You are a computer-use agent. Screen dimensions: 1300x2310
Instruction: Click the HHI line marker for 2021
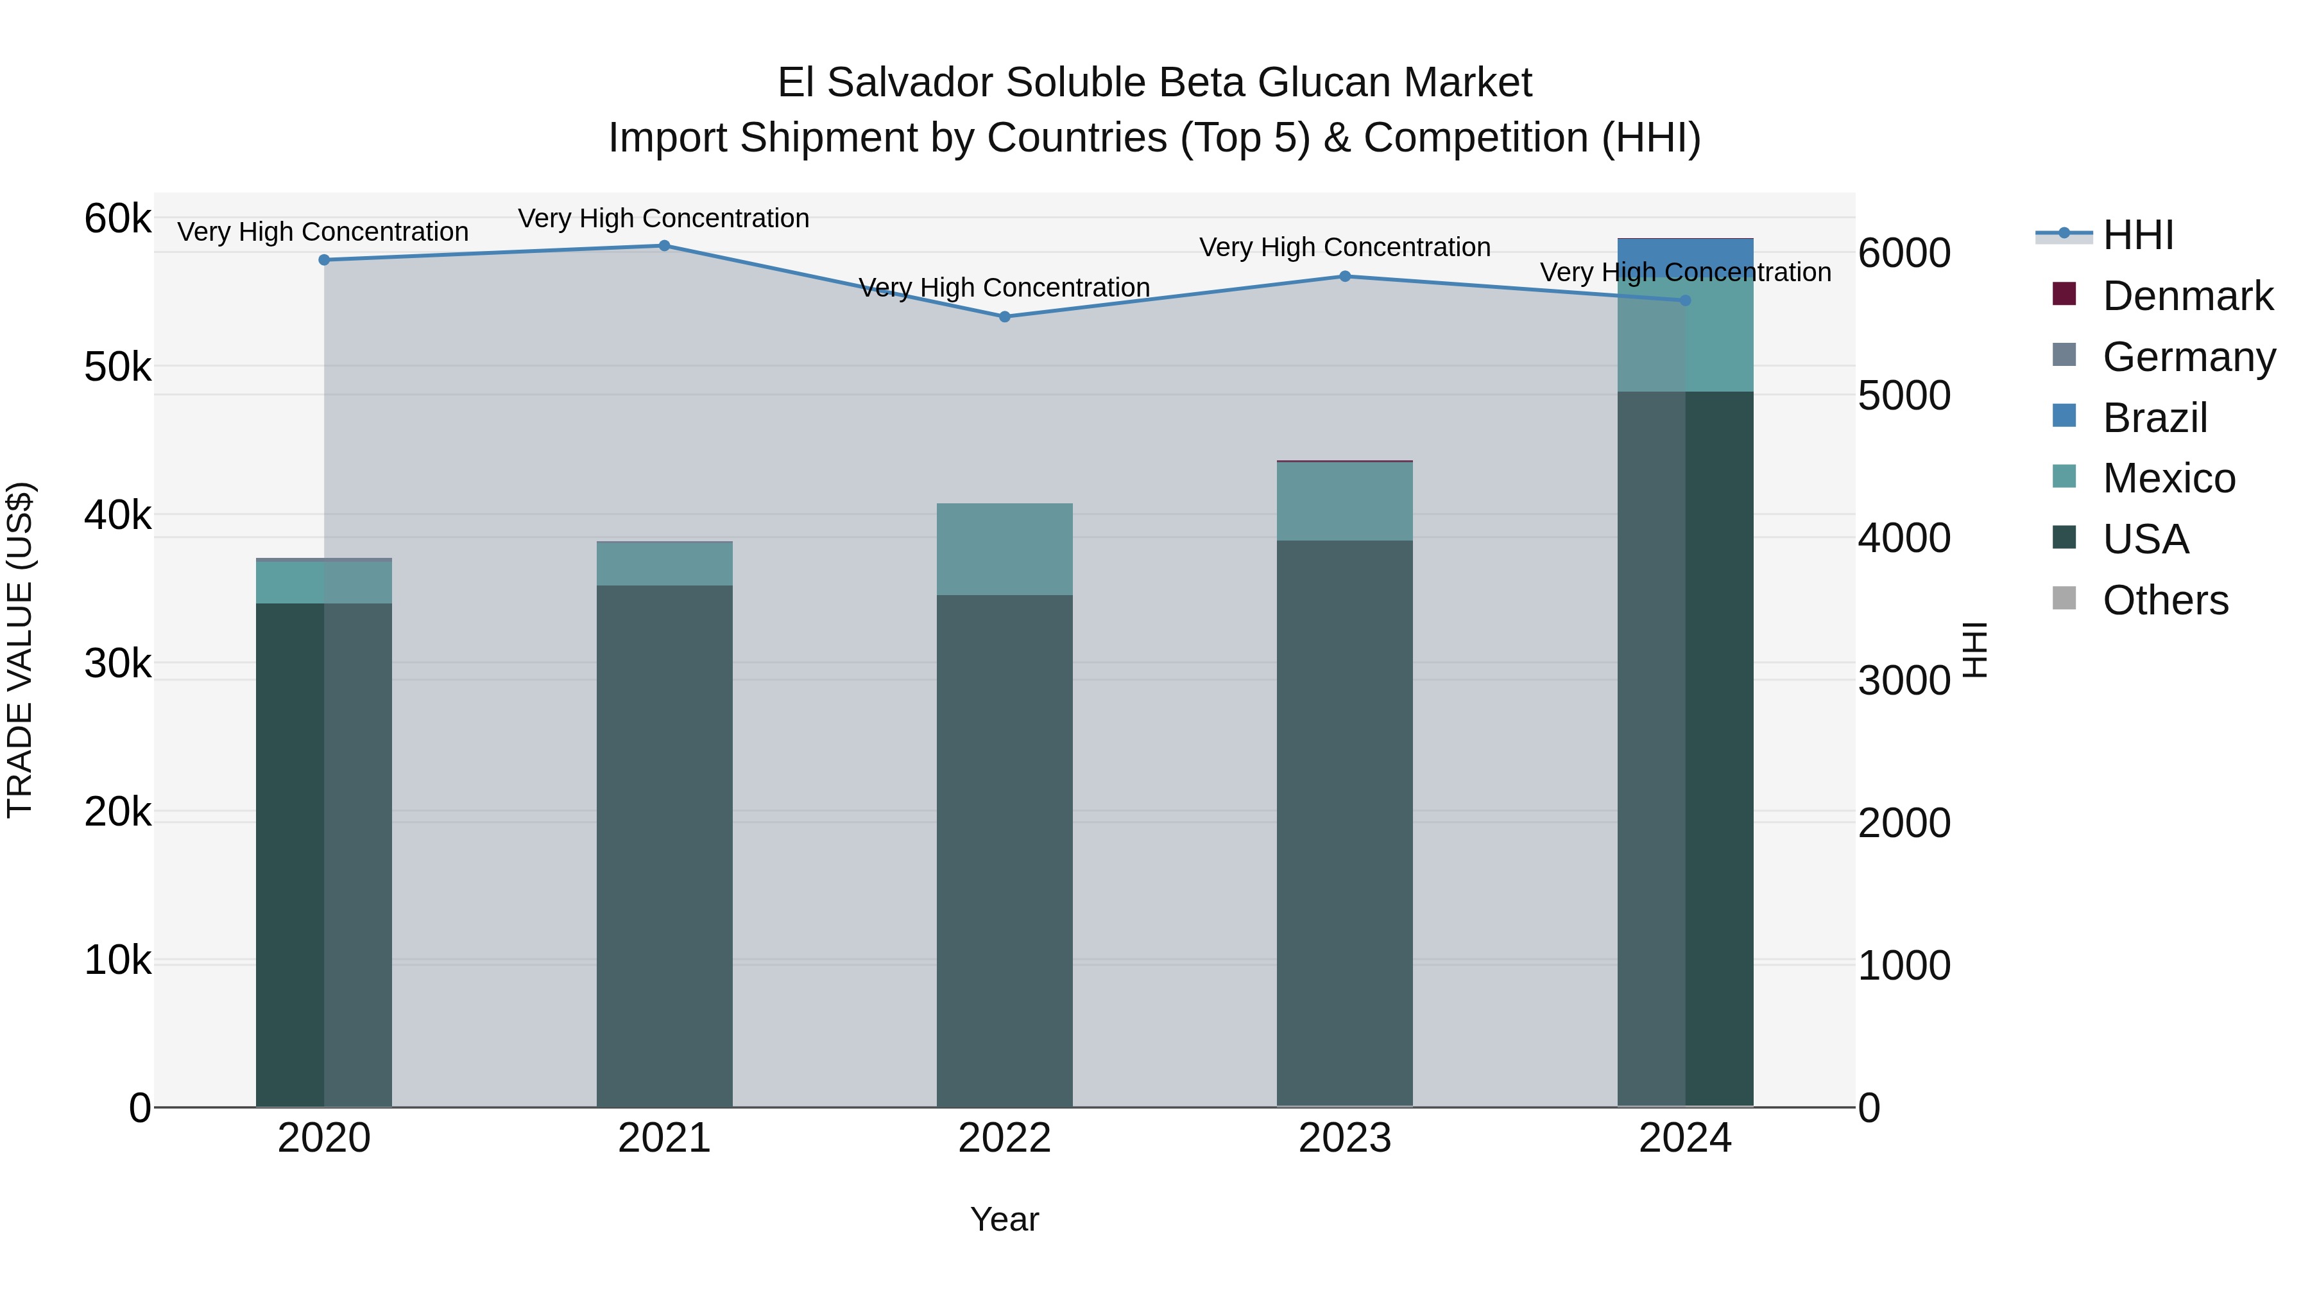click(665, 246)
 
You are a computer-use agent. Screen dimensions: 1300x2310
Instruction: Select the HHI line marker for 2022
click(1004, 316)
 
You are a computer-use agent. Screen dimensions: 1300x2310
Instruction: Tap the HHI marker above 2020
click(325, 260)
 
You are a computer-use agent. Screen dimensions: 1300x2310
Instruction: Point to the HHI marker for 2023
click(1345, 276)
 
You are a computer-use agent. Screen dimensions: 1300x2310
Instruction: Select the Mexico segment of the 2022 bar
click(1004, 549)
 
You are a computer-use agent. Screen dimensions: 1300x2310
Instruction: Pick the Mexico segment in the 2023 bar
click(1345, 501)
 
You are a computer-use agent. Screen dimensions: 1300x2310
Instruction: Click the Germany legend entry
click(2188, 357)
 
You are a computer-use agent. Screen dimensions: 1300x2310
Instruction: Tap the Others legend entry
click(2165, 600)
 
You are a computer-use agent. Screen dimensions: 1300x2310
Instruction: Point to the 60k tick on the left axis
click(117, 218)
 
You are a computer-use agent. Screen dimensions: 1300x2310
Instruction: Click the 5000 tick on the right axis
click(1904, 395)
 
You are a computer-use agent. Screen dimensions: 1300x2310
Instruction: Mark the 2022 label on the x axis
click(1004, 1138)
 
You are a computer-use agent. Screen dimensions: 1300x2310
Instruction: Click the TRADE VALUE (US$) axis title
click(21, 650)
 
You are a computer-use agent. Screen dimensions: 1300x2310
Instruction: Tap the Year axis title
click(1004, 1219)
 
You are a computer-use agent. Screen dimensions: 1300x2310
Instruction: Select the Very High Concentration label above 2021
click(663, 218)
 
